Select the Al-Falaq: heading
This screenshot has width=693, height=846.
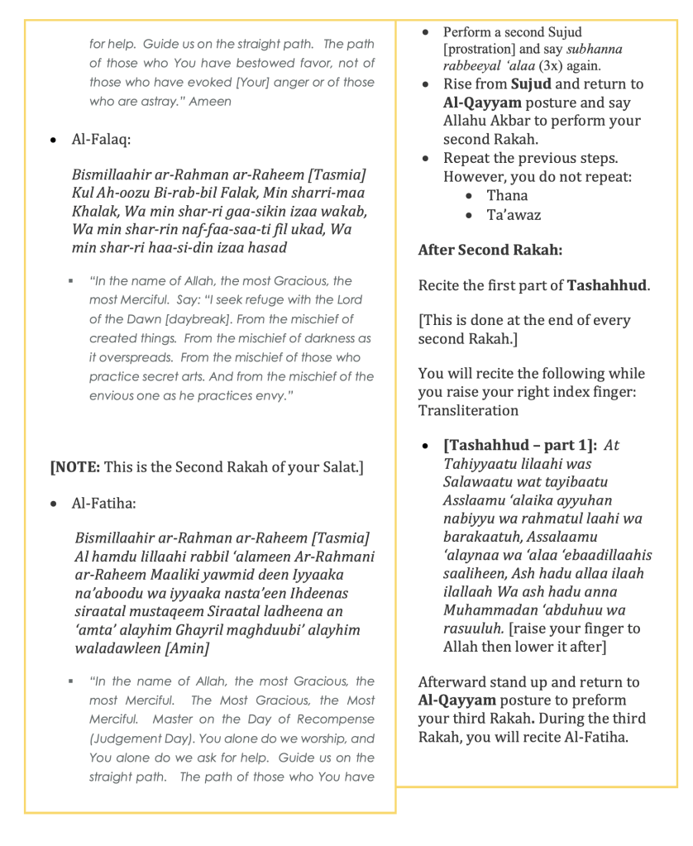tap(102, 140)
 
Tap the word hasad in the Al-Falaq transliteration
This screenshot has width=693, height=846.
tap(267, 247)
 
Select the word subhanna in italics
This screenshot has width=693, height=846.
tap(595, 49)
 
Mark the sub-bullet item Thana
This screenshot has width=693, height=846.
tap(507, 195)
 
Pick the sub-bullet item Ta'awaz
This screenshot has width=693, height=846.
tap(514, 215)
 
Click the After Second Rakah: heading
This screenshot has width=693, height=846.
tap(479, 250)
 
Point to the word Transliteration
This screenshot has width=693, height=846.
tap(468, 410)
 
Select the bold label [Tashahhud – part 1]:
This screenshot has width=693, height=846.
tap(519, 446)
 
